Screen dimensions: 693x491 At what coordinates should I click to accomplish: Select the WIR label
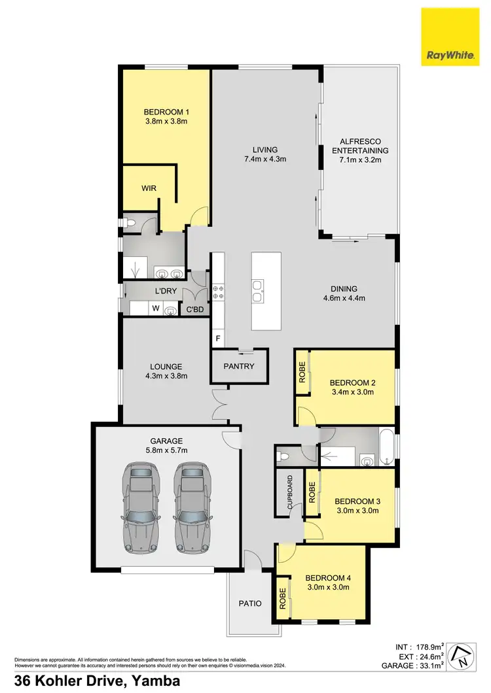click(149, 188)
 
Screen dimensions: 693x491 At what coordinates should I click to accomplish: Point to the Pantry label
click(238, 366)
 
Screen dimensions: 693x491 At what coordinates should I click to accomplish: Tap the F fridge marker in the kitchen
click(217, 339)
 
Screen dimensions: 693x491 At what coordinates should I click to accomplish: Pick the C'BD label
click(195, 310)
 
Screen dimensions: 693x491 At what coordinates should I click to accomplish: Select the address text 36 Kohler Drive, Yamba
click(93, 681)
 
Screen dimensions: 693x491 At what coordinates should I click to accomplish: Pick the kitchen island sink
click(258, 291)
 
